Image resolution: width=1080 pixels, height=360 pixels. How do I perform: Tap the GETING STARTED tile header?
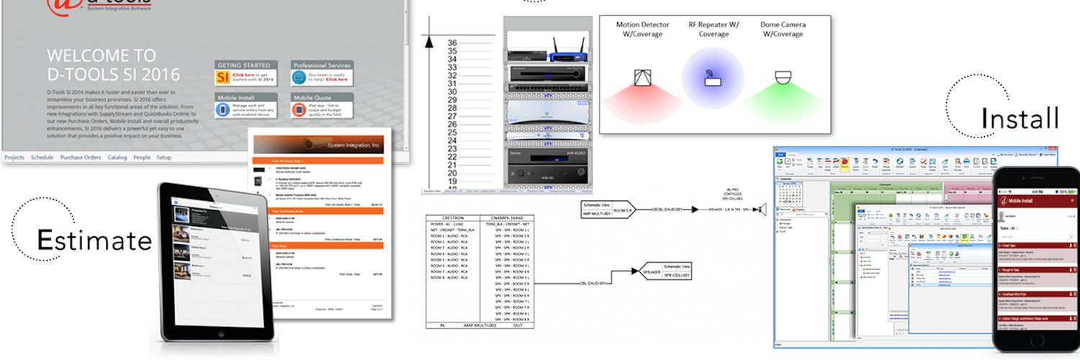coord(246,65)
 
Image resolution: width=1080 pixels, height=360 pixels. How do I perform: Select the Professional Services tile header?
coord(321,65)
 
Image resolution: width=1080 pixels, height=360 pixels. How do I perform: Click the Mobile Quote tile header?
coord(313,97)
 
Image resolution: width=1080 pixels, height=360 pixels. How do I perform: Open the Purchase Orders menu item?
coord(81,157)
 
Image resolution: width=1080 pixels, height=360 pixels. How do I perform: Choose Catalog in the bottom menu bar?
coord(117,157)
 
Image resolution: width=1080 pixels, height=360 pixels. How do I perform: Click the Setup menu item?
coord(164,157)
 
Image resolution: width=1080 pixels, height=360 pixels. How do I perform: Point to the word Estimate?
coord(94,240)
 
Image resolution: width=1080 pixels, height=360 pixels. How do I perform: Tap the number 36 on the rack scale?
coord(452,42)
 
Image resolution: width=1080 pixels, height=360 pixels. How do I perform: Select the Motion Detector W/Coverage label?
coord(642,30)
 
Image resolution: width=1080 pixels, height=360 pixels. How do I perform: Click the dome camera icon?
coord(783,77)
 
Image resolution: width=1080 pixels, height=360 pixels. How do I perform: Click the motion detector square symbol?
coord(642,77)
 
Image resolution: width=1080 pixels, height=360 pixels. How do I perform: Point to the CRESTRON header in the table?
coord(451,216)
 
